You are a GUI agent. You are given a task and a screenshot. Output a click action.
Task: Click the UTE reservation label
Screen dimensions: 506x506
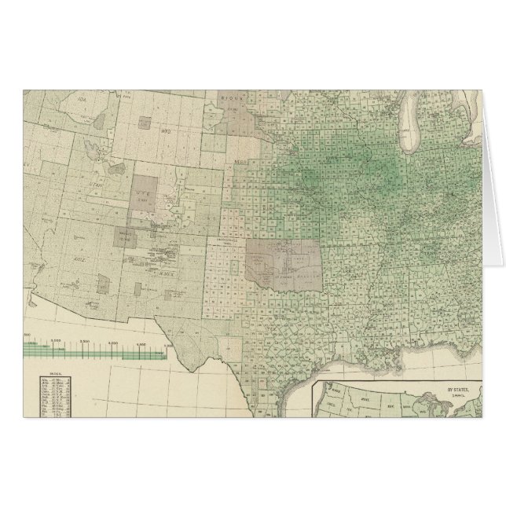coord(142,191)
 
